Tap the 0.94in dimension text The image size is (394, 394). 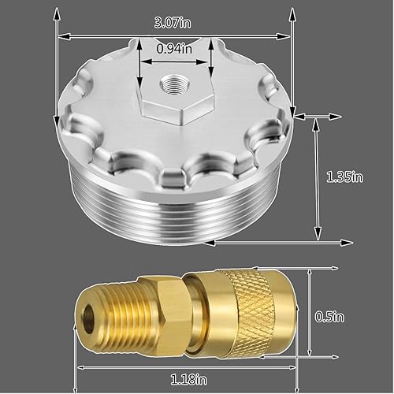coord(174,49)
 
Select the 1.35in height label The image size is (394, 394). coord(344,178)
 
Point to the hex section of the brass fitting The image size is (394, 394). coord(156,308)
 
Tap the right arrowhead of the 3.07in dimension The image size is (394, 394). coord(287,35)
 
